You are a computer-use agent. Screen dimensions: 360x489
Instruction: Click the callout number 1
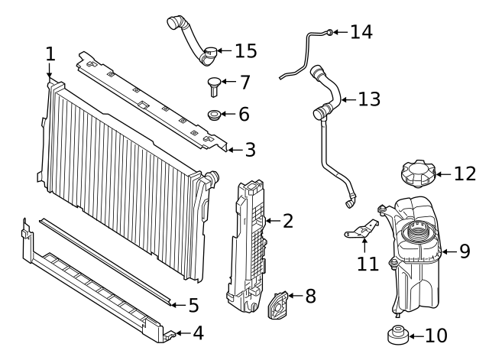coord(50,54)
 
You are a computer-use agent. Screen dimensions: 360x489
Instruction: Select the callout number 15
coord(246,51)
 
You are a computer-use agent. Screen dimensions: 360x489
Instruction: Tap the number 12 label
coord(464,174)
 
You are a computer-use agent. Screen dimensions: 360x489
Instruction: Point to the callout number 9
coord(465,250)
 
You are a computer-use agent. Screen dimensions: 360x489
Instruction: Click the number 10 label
coord(436,335)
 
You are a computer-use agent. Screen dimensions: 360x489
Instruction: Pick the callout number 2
coord(287,222)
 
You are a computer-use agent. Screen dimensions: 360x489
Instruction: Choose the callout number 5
coord(193,306)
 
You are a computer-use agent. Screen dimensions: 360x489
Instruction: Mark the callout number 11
coord(368,264)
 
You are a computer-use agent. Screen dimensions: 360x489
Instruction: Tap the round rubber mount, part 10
coord(397,335)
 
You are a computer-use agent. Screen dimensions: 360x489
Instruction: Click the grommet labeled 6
coord(216,115)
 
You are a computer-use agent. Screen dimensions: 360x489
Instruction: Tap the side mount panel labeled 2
coord(248,241)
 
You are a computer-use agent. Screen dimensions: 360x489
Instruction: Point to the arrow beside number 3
coord(234,150)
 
